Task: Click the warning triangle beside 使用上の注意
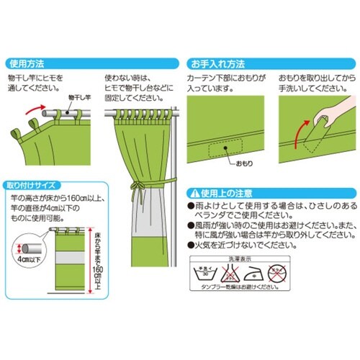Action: tap(192, 193)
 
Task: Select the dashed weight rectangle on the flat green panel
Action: tap(222, 148)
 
